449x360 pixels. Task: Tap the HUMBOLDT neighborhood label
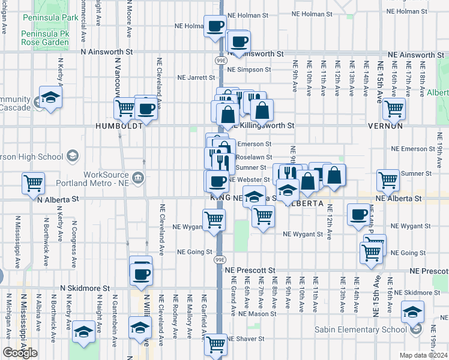(119, 127)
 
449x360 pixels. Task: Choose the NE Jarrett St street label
(196, 77)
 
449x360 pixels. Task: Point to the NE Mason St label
(256, 313)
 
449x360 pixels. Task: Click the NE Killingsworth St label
(265, 126)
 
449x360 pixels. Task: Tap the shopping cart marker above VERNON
(394, 109)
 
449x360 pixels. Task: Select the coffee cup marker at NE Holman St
(215, 26)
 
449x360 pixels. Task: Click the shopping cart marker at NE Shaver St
(215, 344)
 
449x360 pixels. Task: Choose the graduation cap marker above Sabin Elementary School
(413, 311)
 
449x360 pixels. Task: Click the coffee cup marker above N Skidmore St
(142, 274)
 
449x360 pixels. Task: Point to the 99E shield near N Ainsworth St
(221, 61)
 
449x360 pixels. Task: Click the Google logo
(20, 353)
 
